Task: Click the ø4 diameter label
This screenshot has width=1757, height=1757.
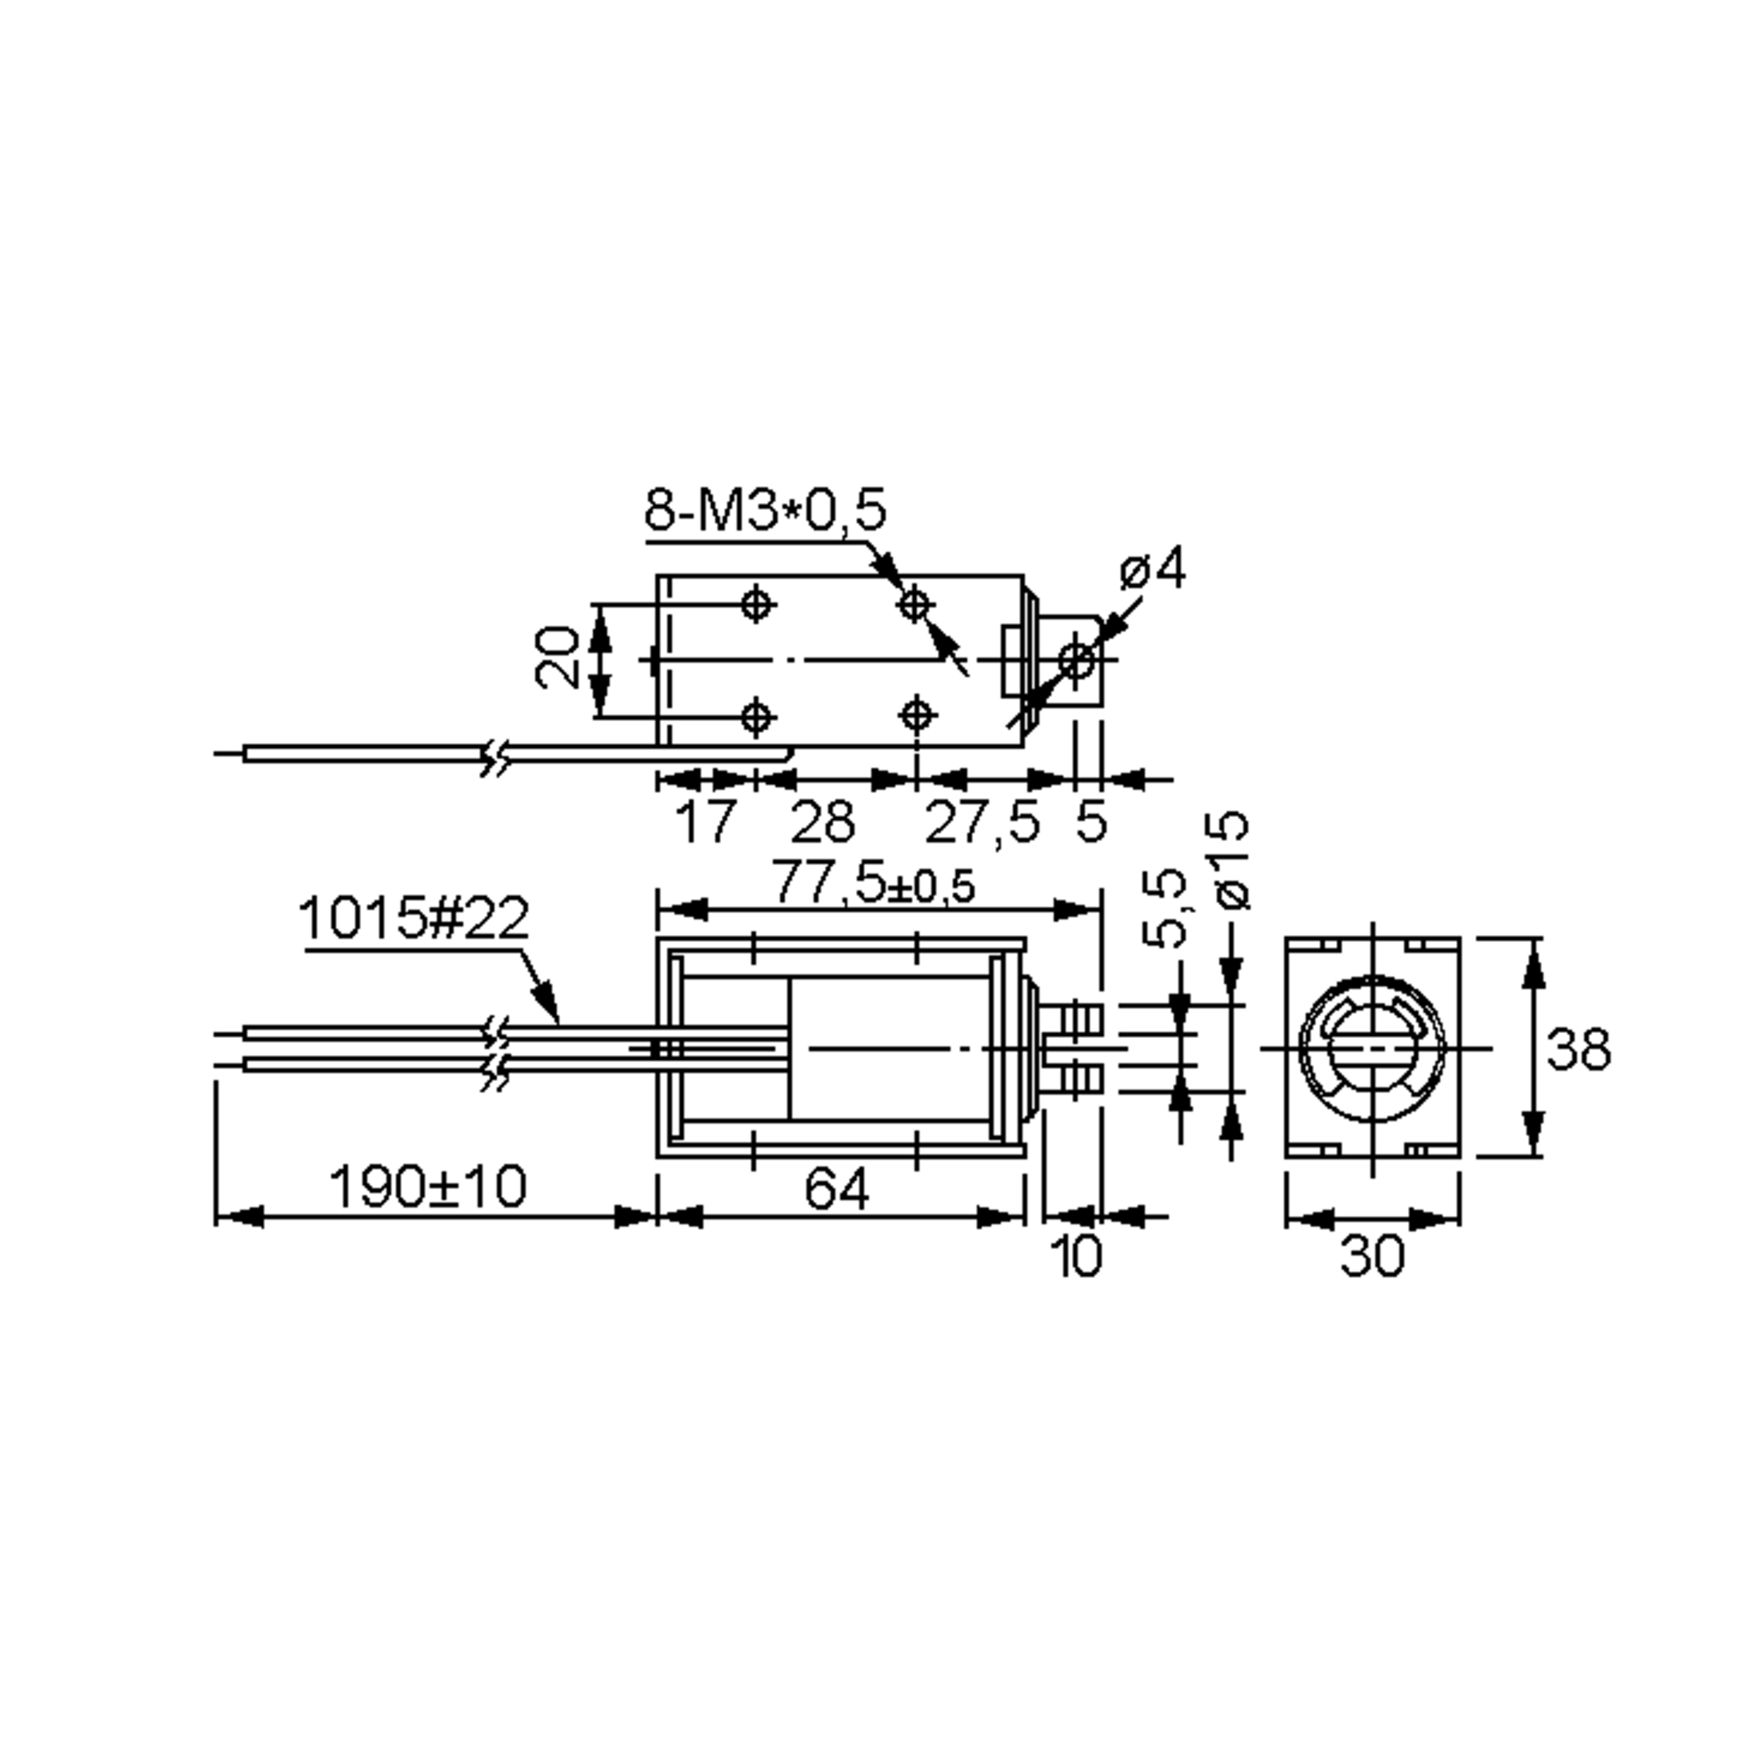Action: (1153, 570)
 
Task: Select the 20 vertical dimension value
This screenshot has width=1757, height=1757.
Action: (557, 658)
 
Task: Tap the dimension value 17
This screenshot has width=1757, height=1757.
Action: (705, 821)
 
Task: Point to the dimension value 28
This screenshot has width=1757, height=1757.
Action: (822, 821)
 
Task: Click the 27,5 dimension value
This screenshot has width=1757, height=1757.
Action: (981, 821)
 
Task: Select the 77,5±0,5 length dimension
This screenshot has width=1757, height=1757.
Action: (873, 884)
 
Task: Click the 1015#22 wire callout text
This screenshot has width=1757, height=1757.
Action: (413, 919)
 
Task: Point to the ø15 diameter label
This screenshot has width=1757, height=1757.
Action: (1232, 859)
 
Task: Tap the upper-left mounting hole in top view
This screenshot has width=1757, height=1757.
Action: (757, 604)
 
